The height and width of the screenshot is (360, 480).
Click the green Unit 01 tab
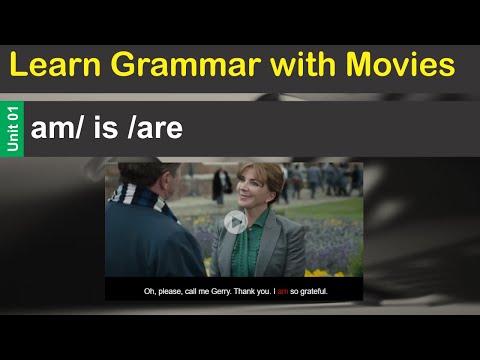[x=13, y=128]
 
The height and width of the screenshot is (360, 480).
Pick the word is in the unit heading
[x=110, y=127]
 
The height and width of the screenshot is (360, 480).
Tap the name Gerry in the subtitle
[x=205, y=292]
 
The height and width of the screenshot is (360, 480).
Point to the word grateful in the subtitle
[x=313, y=292]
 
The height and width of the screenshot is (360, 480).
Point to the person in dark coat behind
[x=221, y=186]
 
